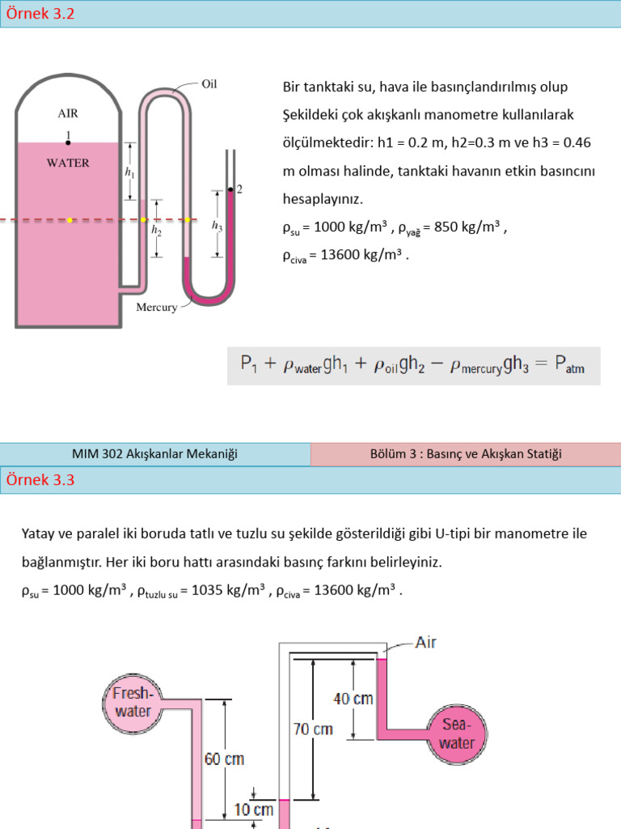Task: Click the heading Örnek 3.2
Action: (40, 14)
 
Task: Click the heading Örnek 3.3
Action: (40, 479)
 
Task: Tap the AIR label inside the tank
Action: (68, 114)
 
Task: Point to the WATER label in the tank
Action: (68, 162)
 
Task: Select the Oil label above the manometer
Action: (209, 83)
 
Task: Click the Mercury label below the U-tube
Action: (157, 308)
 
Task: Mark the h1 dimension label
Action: (129, 172)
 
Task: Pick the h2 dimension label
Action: (156, 230)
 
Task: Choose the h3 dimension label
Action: (217, 227)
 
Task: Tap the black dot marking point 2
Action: (230, 190)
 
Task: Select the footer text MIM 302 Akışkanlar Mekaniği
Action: (154, 454)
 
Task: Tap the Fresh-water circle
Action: (133, 702)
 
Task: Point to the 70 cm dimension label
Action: (312, 729)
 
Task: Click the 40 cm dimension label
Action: (353, 698)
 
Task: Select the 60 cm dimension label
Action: (223, 759)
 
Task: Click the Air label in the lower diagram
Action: (426, 643)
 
